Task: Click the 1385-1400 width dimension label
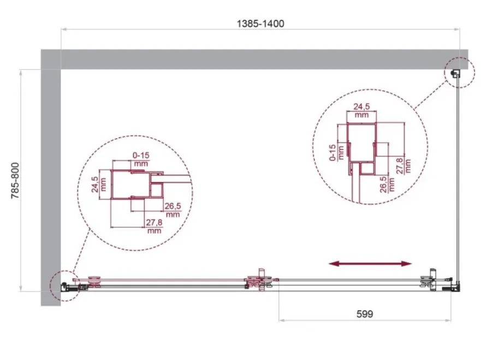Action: pyautogui.click(x=260, y=23)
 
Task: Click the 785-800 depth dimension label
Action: pyautogui.click(x=15, y=180)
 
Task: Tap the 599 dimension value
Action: pyautogui.click(x=365, y=314)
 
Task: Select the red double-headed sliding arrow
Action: pyautogui.click(x=370, y=264)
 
